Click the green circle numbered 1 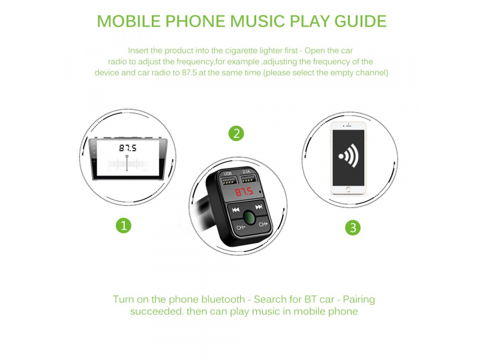[124, 226]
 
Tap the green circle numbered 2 [236, 134]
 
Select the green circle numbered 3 [353, 228]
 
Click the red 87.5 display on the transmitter [244, 192]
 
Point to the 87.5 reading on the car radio [128, 148]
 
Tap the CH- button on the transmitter [241, 227]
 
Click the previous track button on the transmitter [235, 209]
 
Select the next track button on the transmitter [259, 207]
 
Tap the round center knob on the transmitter [250, 218]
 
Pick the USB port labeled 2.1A [248, 179]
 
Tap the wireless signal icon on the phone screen [349, 156]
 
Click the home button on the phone [348, 189]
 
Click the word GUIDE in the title [361, 21]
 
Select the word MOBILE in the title [129, 21]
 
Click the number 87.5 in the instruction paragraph [189, 73]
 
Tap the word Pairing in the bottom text [359, 299]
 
